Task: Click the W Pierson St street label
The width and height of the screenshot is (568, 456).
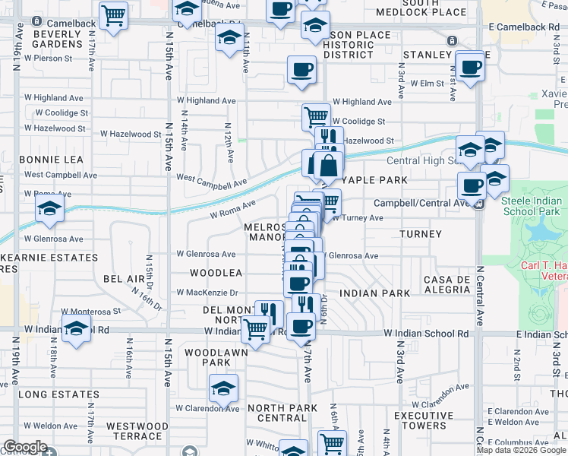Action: click(x=48, y=57)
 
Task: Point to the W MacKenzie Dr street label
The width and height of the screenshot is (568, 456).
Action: click(x=207, y=292)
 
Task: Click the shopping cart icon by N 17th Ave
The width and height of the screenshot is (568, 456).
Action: click(x=113, y=14)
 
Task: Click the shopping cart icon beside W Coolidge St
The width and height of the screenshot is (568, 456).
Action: click(x=316, y=118)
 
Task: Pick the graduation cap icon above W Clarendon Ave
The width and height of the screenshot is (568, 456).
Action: click(x=224, y=388)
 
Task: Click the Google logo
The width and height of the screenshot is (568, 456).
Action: click(x=24, y=447)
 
